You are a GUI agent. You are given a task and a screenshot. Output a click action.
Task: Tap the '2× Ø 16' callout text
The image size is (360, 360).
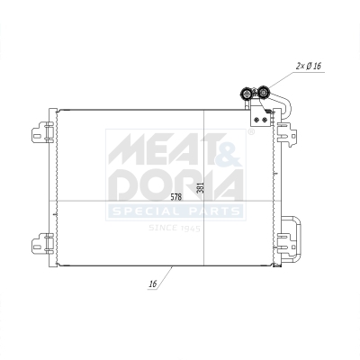(310, 66)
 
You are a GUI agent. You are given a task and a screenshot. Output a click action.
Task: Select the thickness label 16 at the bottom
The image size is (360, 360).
(154, 284)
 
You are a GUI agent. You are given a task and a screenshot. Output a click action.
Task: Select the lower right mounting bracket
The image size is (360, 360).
(290, 236)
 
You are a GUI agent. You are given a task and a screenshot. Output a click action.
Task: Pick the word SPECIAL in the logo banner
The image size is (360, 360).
(145, 212)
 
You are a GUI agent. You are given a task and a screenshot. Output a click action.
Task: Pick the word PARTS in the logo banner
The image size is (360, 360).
(212, 212)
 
